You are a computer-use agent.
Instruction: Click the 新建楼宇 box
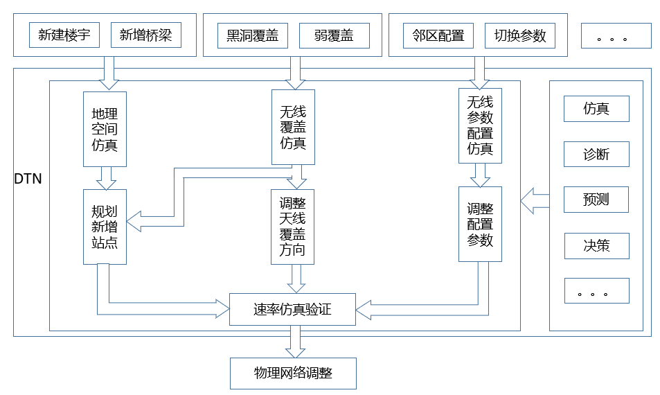(64, 35)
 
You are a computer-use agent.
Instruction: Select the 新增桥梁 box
(145, 35)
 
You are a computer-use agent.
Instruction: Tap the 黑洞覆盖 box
(252, 36)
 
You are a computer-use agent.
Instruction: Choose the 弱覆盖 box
(334, 36)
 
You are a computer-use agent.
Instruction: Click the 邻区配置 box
(438, 35)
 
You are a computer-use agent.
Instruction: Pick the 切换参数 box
(520, 35)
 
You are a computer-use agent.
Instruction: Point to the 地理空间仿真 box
(105, 129)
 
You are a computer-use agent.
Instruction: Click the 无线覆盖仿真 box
(293, 128)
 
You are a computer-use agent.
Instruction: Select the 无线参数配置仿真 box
(480, 125)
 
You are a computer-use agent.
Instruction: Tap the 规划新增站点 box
(105, 227)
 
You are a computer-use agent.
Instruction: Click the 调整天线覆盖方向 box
(292, 227)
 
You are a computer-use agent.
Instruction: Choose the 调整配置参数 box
(480, 224)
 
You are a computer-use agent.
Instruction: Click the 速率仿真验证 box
(292, 310)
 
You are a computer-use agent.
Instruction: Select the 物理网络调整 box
(292, 373)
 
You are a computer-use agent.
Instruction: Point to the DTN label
(28, 179)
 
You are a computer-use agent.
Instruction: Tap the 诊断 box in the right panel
(596, 155)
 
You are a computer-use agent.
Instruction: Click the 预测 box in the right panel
(596, 200)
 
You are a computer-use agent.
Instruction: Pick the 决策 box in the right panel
(596, 245)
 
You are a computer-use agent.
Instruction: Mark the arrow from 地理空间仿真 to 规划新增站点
(105, 178)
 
